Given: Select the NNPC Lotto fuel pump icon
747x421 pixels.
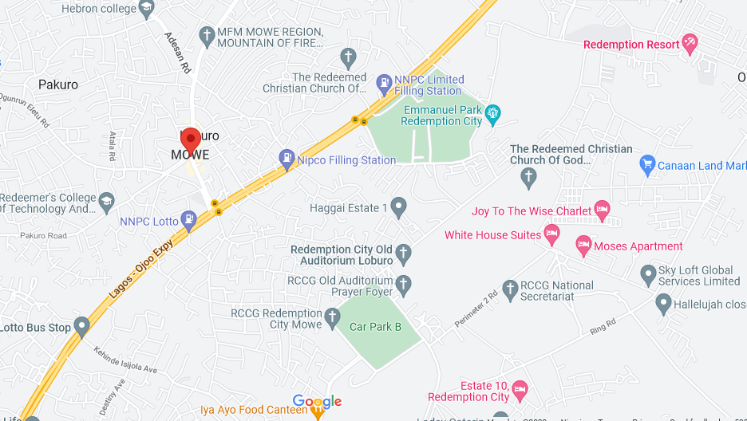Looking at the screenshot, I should click(188, 219).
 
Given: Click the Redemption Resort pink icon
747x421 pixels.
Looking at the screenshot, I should click(690, 44).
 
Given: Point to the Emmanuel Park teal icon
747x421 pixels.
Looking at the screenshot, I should click(494, 115).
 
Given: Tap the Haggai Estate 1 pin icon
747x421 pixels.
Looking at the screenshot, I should click(398, 208).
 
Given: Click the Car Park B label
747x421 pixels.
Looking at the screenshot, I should click(375, 326).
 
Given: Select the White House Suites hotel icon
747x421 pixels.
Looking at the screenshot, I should click(551, 234).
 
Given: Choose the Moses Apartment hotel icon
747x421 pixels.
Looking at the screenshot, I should click(583, 246).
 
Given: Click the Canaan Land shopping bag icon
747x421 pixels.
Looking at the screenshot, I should click(647, 165).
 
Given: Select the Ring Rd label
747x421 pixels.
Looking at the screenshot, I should click(603, 326).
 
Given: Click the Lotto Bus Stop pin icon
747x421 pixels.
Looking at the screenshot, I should click(81, 327).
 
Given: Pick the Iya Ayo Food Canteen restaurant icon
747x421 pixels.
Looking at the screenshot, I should click(318, 411).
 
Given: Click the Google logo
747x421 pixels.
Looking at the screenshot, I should click(317, 401).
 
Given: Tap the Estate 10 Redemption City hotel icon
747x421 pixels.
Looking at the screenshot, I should click(520, 391).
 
